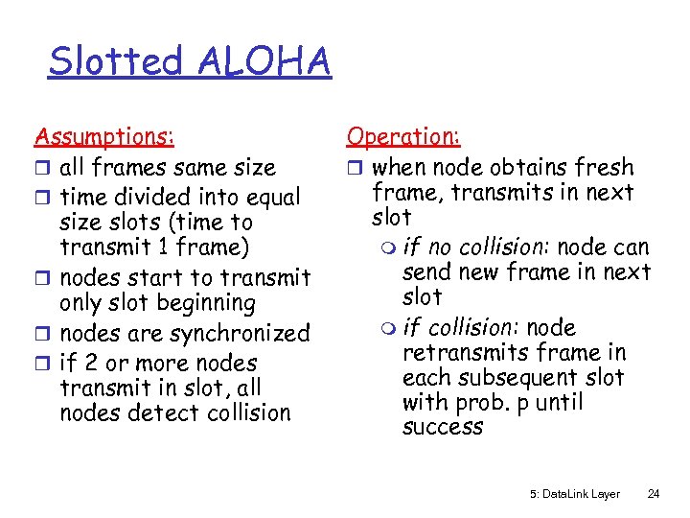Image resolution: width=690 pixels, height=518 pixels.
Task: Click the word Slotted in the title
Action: point(115,61)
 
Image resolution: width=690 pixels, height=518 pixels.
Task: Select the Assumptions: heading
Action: point(104,137)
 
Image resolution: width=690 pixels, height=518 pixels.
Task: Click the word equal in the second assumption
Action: point(270,198)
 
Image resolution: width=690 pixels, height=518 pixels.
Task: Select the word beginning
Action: point(209,303)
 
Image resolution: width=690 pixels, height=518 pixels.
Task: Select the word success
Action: point(443,427)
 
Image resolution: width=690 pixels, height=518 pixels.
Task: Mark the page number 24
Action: point(654,494)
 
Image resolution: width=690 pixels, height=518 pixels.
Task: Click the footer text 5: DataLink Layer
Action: point(575,494)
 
